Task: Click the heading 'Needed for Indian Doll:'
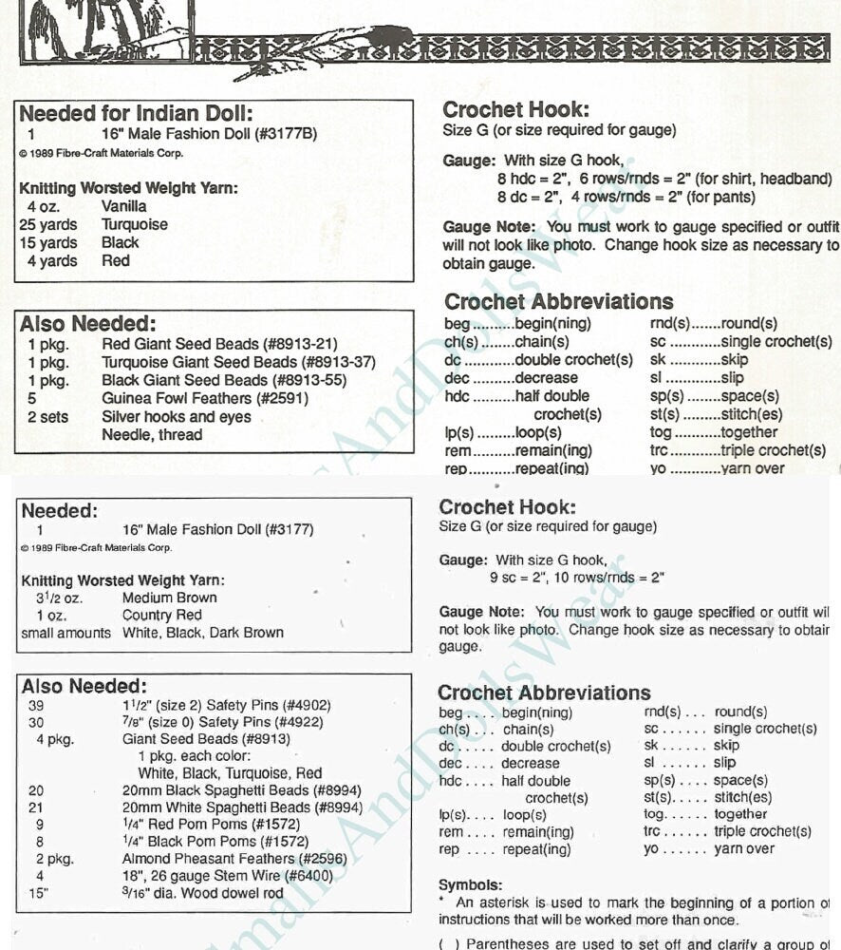[136, 114]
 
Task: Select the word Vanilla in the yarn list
[124, 206]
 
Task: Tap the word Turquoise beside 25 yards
[135, 224]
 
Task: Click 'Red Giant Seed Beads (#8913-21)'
[219, 344]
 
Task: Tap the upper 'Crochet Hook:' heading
[516, 110]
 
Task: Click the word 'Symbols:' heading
[471, 884]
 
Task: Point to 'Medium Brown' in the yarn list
[170, 598]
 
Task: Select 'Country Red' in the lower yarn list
[162, 616]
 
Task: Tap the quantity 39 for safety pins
[36, 706]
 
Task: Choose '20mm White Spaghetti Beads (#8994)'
[242, 807]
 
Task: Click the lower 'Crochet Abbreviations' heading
[544, 693]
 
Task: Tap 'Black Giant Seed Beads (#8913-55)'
[224, 380]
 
